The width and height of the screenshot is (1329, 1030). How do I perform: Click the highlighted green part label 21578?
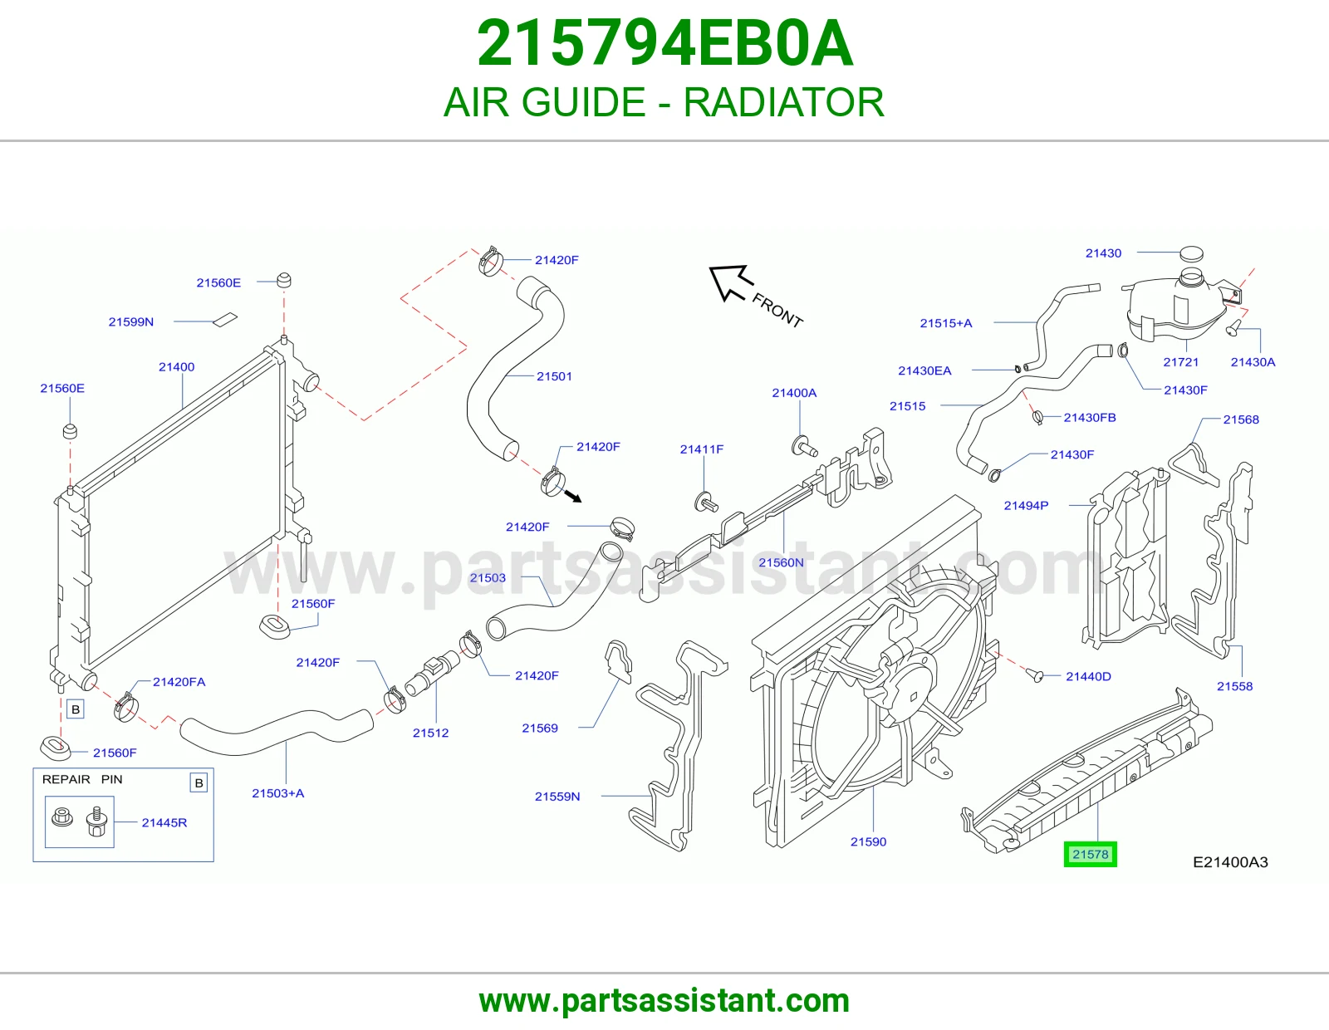point(1090,854)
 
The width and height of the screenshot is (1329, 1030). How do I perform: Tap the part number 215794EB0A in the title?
point(664,43)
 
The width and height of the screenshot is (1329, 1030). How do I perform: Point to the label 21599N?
point(131,321)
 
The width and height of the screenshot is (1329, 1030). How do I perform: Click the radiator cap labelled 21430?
point(1191,253)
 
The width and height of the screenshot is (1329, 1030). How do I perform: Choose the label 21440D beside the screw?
point(1088,676)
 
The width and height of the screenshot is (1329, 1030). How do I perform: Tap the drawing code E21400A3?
point(1230,862)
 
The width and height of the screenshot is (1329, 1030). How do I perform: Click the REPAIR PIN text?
point(82,779)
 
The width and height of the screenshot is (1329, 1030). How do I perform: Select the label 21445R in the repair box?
point(164,822)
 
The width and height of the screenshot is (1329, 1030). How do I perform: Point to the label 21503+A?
point(277,793)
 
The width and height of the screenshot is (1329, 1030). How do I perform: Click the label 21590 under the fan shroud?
point(868,841)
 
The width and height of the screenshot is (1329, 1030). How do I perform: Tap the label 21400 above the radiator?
point(176,367)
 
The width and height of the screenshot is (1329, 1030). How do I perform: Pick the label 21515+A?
point(945,323)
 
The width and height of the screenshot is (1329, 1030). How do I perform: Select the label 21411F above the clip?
point(702,449)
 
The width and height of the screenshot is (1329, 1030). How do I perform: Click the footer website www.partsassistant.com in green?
point(664,1001)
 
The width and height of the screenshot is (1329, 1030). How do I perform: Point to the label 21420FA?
point(179,682)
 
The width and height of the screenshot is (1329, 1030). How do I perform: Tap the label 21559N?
point(557,797)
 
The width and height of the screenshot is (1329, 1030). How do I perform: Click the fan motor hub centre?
point(914,697)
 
